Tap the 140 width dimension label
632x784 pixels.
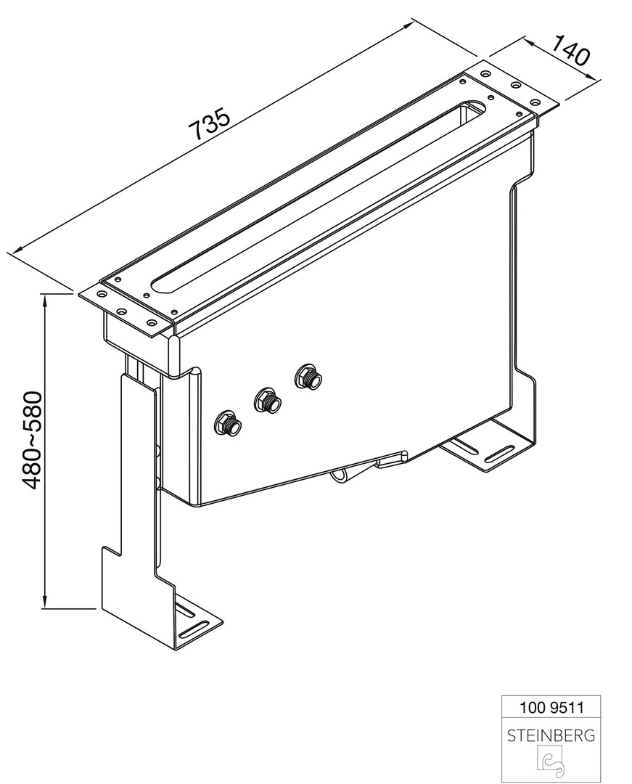(x=570, y=50)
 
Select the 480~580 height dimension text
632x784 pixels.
(x=31, y=440)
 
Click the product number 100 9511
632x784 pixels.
(x=551, y=708)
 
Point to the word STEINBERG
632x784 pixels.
(x=551, y=735)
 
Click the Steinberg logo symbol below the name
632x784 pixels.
(x=551, y=761)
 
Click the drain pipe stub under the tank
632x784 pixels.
(x=342, y=475)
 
